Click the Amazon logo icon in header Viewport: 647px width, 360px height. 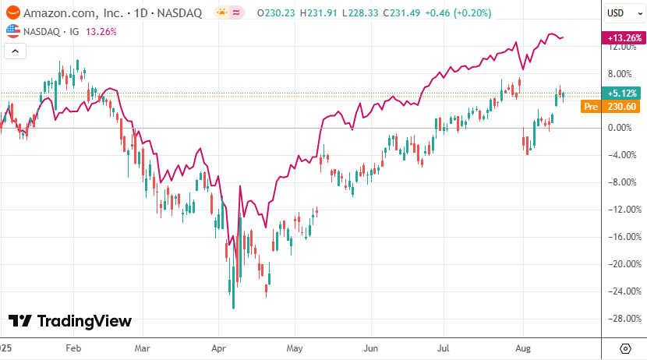point(12,12)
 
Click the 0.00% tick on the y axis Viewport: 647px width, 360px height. point(620,128)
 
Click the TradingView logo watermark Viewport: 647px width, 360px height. point(70,321)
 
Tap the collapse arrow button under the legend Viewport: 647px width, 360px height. point(16,51)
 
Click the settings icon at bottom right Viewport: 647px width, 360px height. point(625,348)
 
